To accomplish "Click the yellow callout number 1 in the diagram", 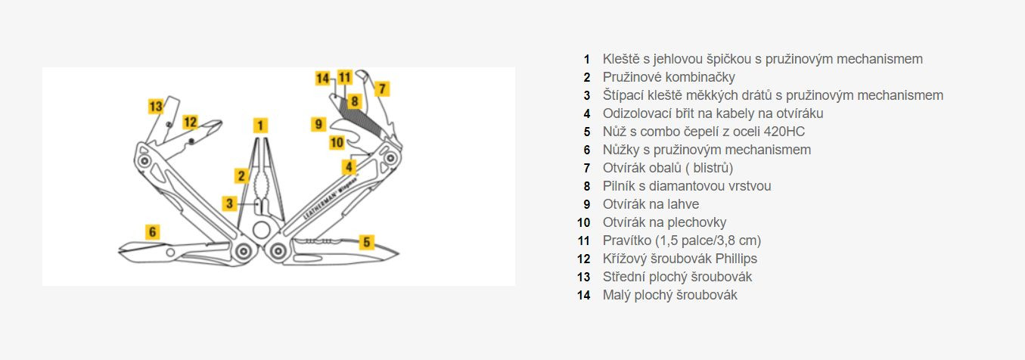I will pyautogui.click(x=260, y=126).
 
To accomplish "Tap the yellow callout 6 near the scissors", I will pyautogui.click(x=153, y=231).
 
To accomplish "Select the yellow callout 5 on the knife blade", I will pyautogui.click(x=366, y=242).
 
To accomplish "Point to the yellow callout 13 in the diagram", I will pyautogui.click(x=156, y=107).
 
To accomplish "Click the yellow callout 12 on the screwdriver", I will pyautogui.click(x=190, y=122).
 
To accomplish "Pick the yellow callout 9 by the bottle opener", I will pyautogui.click(x=319, y=123).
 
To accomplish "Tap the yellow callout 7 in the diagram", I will pyautogui.click(x=382, y=88).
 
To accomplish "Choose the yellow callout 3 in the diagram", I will pyautogui.click(x=230, y=203).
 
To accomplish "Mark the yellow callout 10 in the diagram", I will pyautogui.click(x=337, y=141).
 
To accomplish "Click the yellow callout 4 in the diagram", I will pyautogui.click(x=349, y=166).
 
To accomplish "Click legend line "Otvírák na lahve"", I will pyautogui.click(x=651, y=204).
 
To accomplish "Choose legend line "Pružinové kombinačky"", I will pyautogui.click(x=669, y=77).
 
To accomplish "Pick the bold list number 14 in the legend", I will pyautogui.click(x=583, y=295).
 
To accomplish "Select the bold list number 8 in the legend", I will pyautogui.click(x=586, y=186).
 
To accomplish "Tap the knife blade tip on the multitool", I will pyautogui.click(x=398, y=252).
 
